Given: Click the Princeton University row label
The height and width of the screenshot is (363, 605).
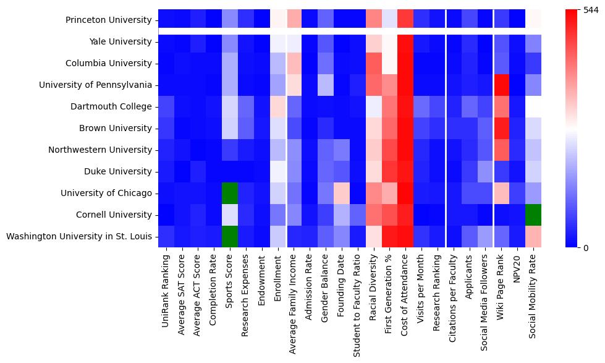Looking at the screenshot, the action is point(108,20).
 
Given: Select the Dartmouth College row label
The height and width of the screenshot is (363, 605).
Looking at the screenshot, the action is point(111,106).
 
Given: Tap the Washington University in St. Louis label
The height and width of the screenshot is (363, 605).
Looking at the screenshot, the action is point(79,236).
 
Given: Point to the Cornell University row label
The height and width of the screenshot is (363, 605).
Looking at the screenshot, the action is point(114,215).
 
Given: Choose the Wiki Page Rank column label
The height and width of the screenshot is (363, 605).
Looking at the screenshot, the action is point(500,287).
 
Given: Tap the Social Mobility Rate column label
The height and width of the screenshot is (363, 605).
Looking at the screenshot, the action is point(532,296).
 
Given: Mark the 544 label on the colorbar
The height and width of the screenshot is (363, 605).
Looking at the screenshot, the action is point(591,11).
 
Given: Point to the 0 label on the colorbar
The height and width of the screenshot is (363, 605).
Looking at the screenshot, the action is point(586,248).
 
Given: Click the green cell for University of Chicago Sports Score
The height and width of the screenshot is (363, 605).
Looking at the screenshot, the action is point(229,193).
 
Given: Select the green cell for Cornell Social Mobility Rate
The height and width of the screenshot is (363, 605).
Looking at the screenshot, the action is point(533,215).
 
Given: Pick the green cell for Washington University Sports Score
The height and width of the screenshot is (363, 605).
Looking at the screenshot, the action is point(229,236).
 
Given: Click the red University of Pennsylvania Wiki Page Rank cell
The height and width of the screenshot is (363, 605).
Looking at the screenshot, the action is point(502,85).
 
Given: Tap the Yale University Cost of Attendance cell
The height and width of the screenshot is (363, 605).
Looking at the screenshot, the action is point(406,41).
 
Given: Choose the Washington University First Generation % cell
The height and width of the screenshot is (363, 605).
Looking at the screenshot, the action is point(390,236).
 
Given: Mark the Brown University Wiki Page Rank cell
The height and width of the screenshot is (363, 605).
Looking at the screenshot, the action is point(502,128).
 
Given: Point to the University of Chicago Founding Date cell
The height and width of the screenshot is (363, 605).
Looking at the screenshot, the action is point(342,193).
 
